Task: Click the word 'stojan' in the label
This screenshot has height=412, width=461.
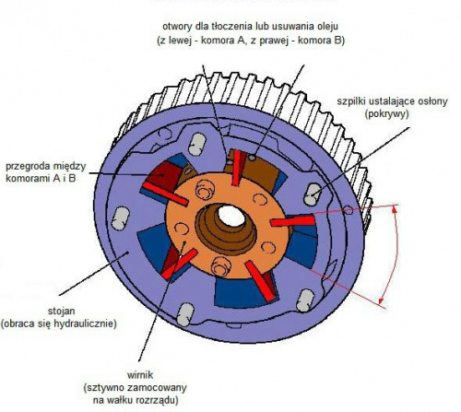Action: (x=62, y=311)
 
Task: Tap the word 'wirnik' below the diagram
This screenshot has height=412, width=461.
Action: (x=140, y=375)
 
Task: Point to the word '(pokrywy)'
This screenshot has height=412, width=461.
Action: (x=387, y=114)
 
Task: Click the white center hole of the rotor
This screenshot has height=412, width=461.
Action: (x=231, y=216)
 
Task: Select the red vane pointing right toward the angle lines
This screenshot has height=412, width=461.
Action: (x=292, y=220)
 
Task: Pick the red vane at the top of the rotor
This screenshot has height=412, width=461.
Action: (x=237, y=168)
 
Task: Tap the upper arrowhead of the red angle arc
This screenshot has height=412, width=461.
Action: (x=395, y=209)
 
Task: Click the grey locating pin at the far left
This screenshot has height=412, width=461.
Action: (x=120, y=218)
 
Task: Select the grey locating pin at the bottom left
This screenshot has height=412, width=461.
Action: (x=185, y=314)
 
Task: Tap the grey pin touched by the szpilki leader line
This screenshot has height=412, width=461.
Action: (x=313, y=194)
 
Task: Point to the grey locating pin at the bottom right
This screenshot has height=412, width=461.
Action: (x=305, y=300)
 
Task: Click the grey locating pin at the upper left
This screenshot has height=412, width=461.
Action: (x=196, y=144)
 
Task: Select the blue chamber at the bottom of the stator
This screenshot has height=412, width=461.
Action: (x=240, y=292)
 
